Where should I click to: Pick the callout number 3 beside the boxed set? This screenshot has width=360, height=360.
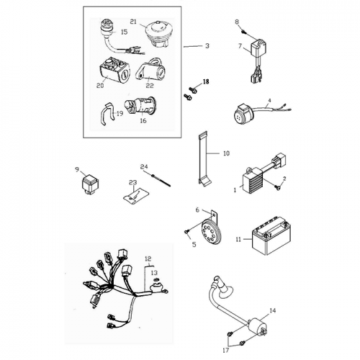tap(207, 46)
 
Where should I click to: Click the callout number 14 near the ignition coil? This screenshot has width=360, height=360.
tap(272, 311)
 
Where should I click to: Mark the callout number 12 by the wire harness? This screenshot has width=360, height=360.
tap(148, 257)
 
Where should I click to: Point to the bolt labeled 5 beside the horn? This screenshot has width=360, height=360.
tap(187, 231)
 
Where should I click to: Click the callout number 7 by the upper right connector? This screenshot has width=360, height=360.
tap(240, 46)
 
